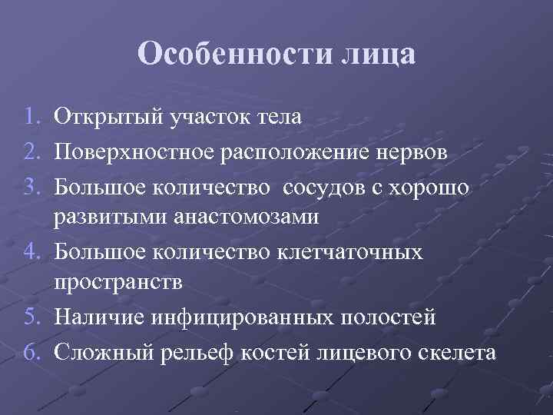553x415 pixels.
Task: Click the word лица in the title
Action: pos(376,55)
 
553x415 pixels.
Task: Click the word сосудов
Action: pos(329,185)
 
